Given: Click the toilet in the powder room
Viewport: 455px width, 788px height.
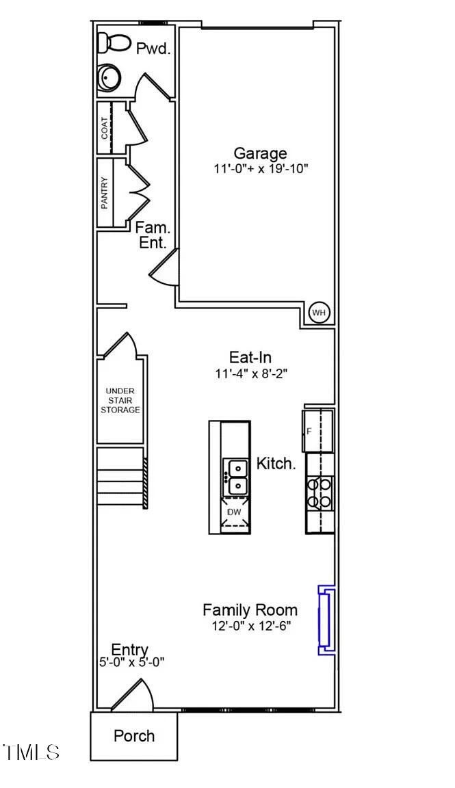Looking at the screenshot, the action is tap(113, 42).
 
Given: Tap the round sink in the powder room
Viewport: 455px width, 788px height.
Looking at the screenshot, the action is tap(109, 78).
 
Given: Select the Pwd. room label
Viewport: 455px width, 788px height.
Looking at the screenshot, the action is tap(154, 49).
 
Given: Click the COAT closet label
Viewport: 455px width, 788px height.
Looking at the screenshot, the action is tap(104, 128).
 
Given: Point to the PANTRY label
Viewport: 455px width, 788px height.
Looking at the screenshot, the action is tap(104, 193).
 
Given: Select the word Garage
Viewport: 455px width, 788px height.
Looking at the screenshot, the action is tap(261, 153).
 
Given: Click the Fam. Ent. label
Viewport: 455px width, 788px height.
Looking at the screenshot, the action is tap(153, 236).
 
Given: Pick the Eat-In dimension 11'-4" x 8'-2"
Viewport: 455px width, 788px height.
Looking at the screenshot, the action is tap(251, 374).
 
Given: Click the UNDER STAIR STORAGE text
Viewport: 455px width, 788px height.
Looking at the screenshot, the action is tap(120, 401).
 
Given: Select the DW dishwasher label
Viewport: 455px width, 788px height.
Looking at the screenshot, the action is tap(235, 512).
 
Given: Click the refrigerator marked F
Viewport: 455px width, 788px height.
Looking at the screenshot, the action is tap(317, 431).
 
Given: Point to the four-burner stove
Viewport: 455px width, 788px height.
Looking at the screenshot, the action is tap(320, 493).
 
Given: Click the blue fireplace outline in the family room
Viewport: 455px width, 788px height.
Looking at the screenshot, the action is tap(326, 620).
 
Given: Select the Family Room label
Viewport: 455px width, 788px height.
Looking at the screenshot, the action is tap(250, 610).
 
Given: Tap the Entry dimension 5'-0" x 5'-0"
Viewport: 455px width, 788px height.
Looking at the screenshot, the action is tap(131, 662).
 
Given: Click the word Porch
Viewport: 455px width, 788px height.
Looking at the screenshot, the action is tap(134, 736).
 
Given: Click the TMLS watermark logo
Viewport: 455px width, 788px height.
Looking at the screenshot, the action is tap(31, 752).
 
